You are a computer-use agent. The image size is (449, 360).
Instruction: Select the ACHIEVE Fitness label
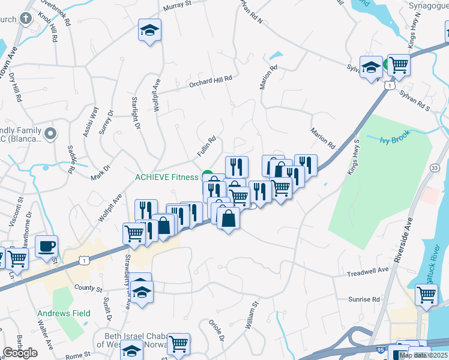pyautogui.click(x=166, y=177)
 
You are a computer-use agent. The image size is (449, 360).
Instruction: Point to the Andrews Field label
pyautogui.click(x=64, y=313)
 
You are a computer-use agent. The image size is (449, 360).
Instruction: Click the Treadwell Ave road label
pyautogui.click(x=369, y=272)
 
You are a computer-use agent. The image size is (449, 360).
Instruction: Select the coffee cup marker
pyautogui.click(x=47, y=245)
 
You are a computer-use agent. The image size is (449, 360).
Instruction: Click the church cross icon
pyautogui.click(x=25, y=18)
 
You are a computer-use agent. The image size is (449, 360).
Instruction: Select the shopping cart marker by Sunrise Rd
pyautogui.click(x=426, y=295)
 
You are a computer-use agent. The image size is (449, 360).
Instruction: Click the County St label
pyautogui.click(x=89, y=289)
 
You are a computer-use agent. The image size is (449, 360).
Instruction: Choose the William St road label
pyautogui.click(x=251, y=317)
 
